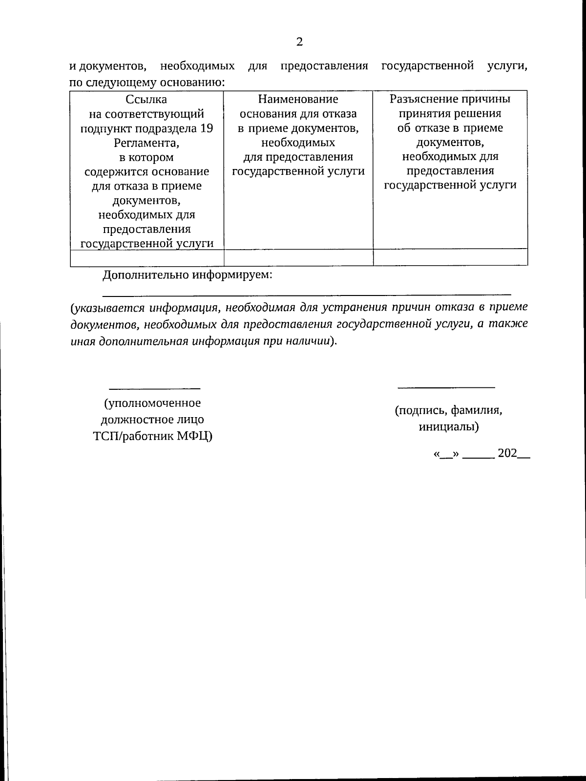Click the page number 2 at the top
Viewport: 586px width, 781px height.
(x=299, y=42)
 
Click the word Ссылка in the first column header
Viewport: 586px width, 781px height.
(x=146, y=100)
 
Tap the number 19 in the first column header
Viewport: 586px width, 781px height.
(x=207, y=128)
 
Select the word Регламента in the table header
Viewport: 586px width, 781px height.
(x=146, y=143)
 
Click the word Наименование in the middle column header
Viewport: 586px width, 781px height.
(x=298, y=100)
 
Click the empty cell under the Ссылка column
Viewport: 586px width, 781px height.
(x=146, y=257)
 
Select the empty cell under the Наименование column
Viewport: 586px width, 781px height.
(x=298, y=257)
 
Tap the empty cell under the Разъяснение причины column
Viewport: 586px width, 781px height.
(x=450, y=257)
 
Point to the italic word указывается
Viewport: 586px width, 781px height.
(x=108, y=308)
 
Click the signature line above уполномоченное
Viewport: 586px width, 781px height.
(x=154, y=388)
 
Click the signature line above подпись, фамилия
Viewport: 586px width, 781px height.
(x=446, y=387)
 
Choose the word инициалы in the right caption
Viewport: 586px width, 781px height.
(x=448, y=427)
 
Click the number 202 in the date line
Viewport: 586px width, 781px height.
(x=507, y=453)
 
